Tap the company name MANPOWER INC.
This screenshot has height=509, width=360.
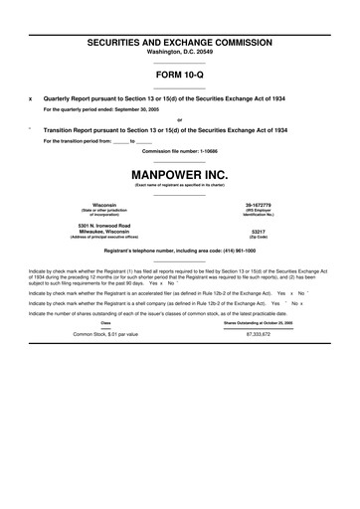[x=179, y=173]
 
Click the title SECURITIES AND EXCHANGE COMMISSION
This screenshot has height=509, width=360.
[x=179, y=44]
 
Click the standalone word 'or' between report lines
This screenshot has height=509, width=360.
[x=179, y=119]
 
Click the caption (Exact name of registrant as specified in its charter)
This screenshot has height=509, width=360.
[x=179, y=185]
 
